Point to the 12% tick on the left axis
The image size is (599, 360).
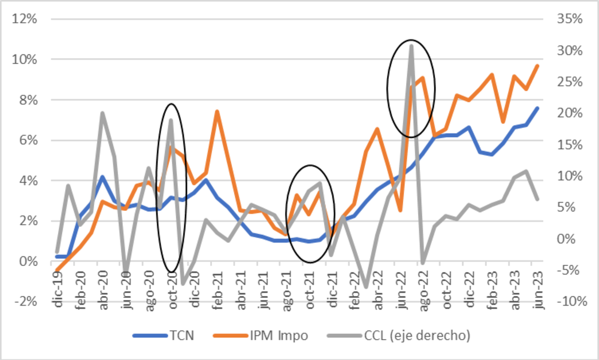[x=25, y=19]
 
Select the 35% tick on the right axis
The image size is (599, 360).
[x=568, y=19]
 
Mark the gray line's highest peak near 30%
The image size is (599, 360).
[x=412, y=46]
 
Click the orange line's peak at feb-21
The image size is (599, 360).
[x=217, y=111]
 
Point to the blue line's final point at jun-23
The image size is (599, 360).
[x=537, y=108]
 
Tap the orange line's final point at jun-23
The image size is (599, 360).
[x=537, y=66]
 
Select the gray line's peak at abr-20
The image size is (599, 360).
[x=102, y=113]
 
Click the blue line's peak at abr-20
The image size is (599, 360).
[x=102, y=177]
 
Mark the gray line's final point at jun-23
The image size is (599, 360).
[x=537, y=199]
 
